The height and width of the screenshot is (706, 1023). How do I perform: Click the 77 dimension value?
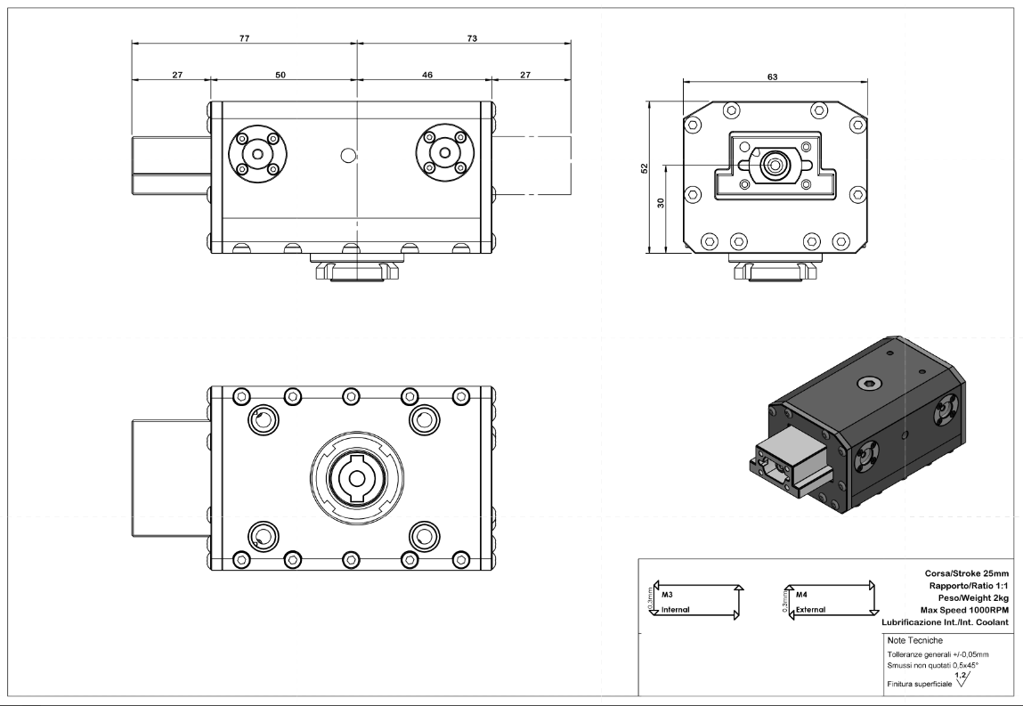(244, 38)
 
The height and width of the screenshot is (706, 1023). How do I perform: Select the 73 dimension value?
(472, 38)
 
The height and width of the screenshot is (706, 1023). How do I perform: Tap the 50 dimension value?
(280, 75)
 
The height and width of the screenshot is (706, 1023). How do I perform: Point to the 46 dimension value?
(426, 75)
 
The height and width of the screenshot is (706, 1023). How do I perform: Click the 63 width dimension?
(773, 77)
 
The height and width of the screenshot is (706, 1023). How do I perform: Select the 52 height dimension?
(645, 167)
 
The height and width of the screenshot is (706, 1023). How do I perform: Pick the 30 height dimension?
(661, 203)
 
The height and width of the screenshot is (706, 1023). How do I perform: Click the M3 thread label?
(667, 595)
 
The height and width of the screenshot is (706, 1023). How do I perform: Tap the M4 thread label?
(801, 595)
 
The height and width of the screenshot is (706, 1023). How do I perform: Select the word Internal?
(675, 610)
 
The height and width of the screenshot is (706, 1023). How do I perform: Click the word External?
(810, 610)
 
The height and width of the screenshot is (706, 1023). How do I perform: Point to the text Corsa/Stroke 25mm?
(966, 573)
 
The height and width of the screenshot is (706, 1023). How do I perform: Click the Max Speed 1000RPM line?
(964, 610)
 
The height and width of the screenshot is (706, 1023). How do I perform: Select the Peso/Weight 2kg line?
(973, 597)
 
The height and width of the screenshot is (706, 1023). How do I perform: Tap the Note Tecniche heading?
(914, 641)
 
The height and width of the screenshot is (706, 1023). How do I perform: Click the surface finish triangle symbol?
(962, 680)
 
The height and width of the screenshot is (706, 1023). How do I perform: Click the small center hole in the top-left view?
(349, 155)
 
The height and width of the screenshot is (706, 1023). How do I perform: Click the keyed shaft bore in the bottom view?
(356, 478)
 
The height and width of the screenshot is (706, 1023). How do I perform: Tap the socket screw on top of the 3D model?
(868, 383)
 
